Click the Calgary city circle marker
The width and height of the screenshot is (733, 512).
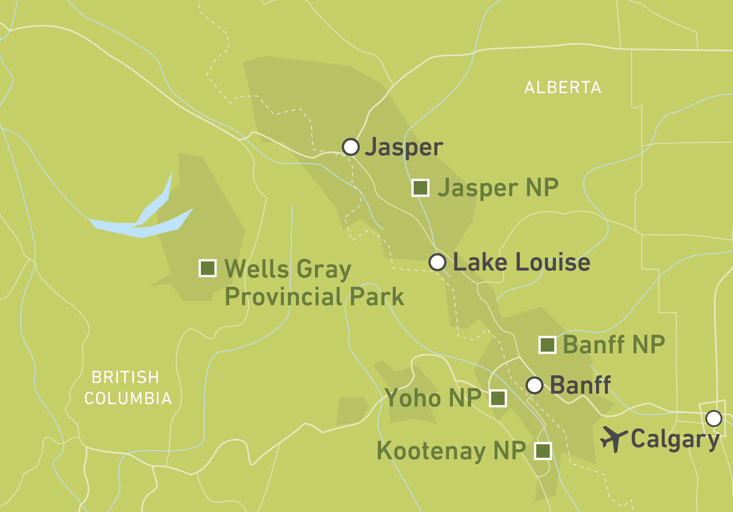[x=714, y=418]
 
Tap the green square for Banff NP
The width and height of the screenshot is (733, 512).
[x=547, y=345]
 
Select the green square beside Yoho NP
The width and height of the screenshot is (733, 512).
[x=498, y=398]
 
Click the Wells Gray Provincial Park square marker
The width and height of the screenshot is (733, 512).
[x=208, y=268]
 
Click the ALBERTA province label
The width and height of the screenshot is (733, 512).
[x=562, y=88]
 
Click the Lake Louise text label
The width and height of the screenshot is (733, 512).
[x=521, y=262]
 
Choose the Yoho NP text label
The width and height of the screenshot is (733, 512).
[x=433, y=398]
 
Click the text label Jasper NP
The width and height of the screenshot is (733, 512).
[x=498, y=188]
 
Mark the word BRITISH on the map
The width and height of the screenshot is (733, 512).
[x=125, y=377]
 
